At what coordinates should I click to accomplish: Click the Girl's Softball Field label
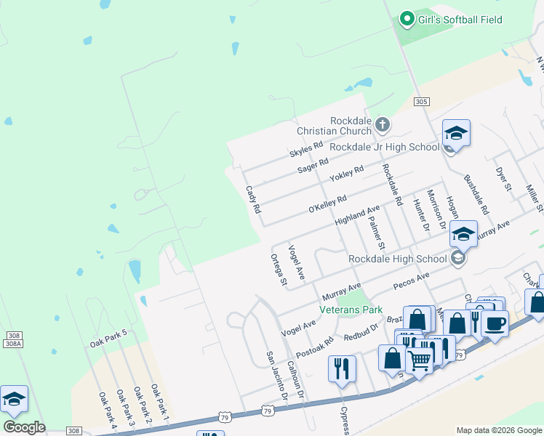(460, 20)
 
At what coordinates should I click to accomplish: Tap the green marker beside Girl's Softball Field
(407, 20)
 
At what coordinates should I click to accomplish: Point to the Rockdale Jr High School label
(384, 147)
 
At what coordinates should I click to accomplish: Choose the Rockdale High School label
(397, 259)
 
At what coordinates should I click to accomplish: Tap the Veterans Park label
(351, 310)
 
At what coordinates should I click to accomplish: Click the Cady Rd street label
(253, 198)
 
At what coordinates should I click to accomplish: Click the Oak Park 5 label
(108, 338)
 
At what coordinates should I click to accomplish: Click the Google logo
(24, 427)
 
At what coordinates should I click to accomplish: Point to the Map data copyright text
(499, 430)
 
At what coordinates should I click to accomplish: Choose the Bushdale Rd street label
(476, 193)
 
